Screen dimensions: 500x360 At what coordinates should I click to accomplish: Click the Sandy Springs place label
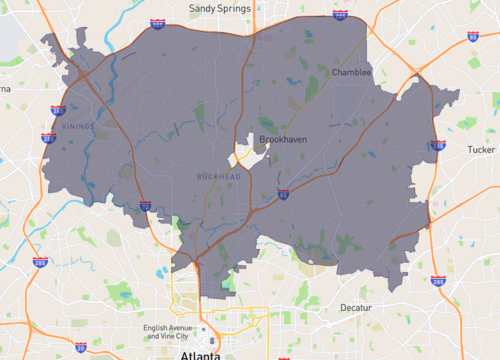pyautogui.click(x=220, y=8)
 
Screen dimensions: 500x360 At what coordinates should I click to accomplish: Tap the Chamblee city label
pyautogui.click(x=351, y=72)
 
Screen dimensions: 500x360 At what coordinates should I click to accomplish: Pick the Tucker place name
pyautogui.click(x=481, y=150)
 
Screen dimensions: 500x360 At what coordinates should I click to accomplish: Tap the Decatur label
pyautogui.click(x=355, y=307)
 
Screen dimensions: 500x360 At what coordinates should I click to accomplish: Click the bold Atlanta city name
pyautogui.click(x=199, y=355)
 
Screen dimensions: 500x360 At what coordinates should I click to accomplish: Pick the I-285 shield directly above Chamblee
pyautogui.click(x=340, y=16)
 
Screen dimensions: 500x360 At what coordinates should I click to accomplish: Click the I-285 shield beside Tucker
pyautogui.click(x=437, y=146)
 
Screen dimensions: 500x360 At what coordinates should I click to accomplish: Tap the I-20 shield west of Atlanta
pyautogui.click(x=80, y=347)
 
